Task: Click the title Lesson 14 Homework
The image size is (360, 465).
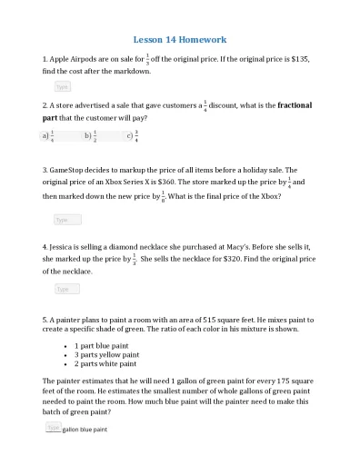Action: click(180, 40)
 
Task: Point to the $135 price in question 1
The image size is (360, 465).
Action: click(299, 59)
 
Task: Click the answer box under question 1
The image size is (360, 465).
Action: click(63, 86)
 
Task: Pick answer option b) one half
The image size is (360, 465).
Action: click(91, 136)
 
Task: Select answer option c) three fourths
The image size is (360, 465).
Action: click(134, 136)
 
